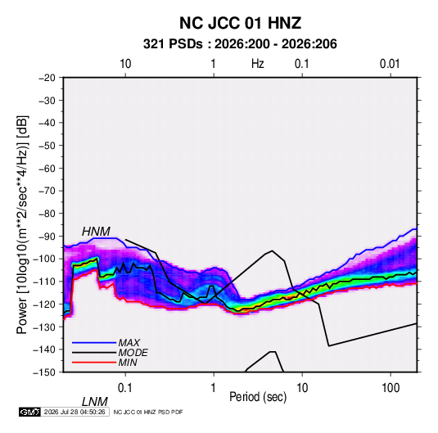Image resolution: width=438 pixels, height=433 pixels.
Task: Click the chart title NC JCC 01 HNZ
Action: pyautogui.click(x=240, y=23)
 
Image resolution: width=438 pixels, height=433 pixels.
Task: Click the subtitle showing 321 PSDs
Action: pyautogui.click(x=240, y=44)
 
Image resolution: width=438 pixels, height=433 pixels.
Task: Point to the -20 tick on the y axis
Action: pyautogui.click(x=47, y=78)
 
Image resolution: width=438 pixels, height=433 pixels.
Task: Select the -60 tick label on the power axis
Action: pyautogui.click(x=47, y=168)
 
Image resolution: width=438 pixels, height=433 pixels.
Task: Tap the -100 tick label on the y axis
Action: pyautogui.click(x=45, y=259)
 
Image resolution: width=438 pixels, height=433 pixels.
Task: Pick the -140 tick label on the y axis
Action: pyautogui.click(x=45, y=350)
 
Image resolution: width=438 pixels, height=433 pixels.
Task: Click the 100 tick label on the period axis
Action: pyautogui.click(x=391, y=388)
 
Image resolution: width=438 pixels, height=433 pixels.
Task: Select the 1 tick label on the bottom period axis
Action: pyautogui.click(x=214, y=388)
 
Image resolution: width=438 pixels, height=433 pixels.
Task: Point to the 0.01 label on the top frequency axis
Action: pyautogui.click(x=390, y=64)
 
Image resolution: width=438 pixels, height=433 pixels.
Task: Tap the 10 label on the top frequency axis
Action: pyautogui.click(x=125, y=64)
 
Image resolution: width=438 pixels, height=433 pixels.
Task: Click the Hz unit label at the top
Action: pyautogui.click(x=258, y=64)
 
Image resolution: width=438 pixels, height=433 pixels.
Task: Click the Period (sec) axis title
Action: pyautogui.click(x=258, y=397)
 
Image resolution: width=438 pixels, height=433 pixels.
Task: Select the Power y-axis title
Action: pyautogui.click(x=22, y=224)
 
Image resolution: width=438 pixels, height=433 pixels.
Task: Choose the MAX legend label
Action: pyautogui.click(x=129, y=343)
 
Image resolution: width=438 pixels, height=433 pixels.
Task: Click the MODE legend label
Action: pyautogui.click(x=133, y=353)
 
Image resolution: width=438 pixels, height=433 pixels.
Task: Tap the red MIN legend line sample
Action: pyautogui.click(x=94, y=363)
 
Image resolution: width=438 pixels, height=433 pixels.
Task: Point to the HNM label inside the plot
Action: pyautogui.click(x=96, y=232)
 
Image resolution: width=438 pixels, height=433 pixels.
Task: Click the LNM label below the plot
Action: pyautogui.click(x=95, y=402)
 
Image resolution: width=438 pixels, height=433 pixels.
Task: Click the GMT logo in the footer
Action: pyautogui.click(x=29, y=412)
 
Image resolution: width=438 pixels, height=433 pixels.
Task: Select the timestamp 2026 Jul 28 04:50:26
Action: pyautogui.click(x=75, y=412)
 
